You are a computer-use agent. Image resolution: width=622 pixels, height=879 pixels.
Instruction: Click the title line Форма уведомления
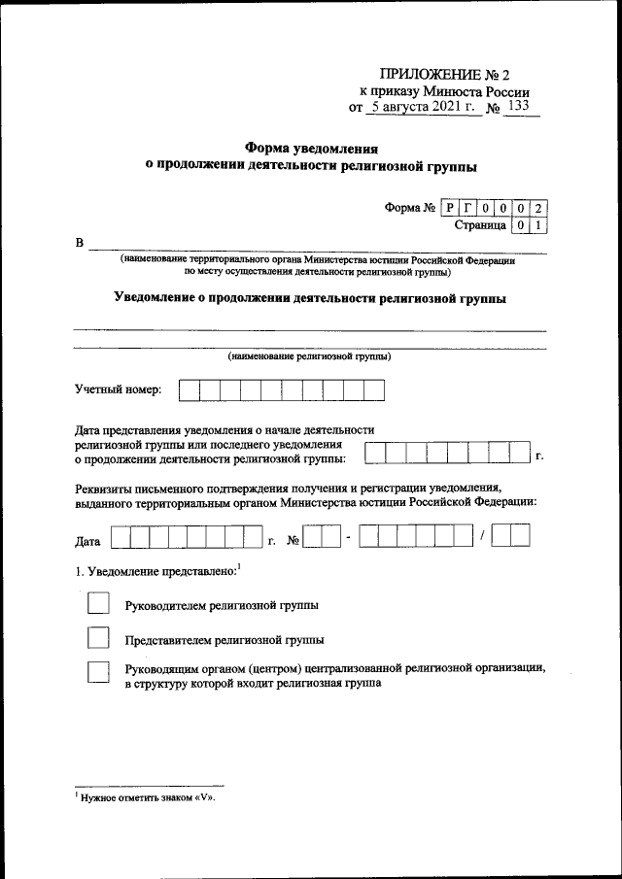click(x=310, y=149)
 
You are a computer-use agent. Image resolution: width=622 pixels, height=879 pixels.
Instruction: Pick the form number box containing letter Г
click(x=468, y=207)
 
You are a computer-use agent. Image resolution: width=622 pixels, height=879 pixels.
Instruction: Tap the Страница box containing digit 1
click(x=539, y=225)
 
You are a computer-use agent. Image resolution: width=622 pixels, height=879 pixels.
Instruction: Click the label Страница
click(x=479, y=225)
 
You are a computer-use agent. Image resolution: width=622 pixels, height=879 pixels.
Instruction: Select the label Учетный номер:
click(x=120, y=390)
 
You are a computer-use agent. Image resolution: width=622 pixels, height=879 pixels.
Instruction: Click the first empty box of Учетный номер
click(x=189, y=390)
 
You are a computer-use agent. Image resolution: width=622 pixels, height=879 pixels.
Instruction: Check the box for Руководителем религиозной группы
click(x=99, y=604)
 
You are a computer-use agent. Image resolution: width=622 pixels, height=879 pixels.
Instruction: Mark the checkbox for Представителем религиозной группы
click(x=99, y=639)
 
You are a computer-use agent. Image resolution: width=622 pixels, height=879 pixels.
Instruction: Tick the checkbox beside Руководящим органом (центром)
click(x=99, y=674)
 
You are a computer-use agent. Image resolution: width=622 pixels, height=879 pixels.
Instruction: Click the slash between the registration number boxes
click(x=481, y=535)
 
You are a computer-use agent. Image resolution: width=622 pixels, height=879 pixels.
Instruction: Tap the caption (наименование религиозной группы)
click(x=310, y=356)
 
